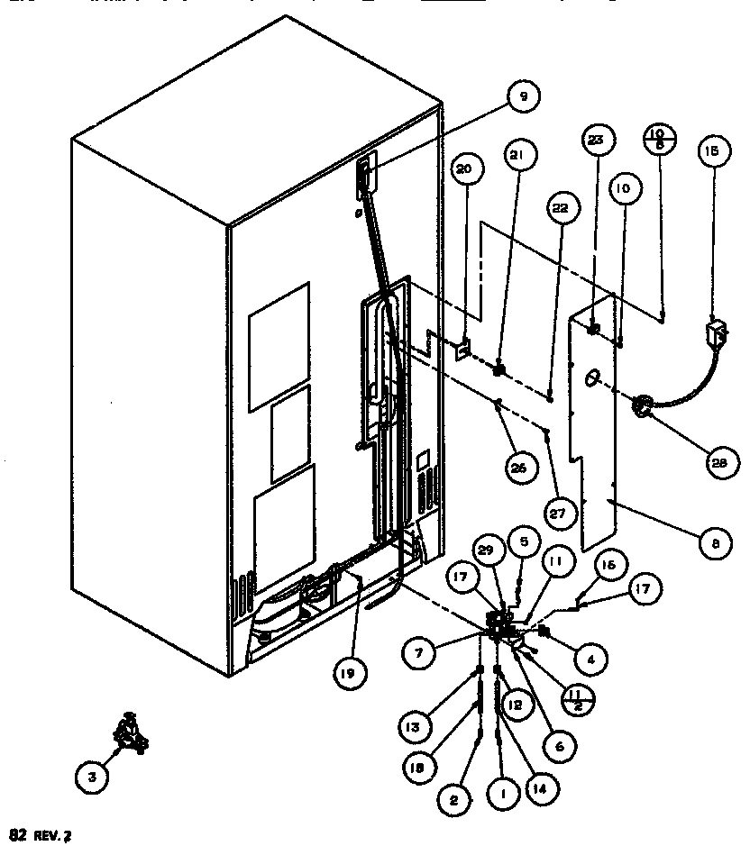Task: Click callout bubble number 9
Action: pos(523,96)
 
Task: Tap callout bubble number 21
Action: pos(517,156)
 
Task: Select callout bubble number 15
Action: pos(712,152)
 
